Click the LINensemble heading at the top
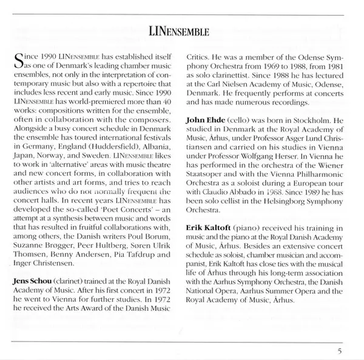182,30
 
